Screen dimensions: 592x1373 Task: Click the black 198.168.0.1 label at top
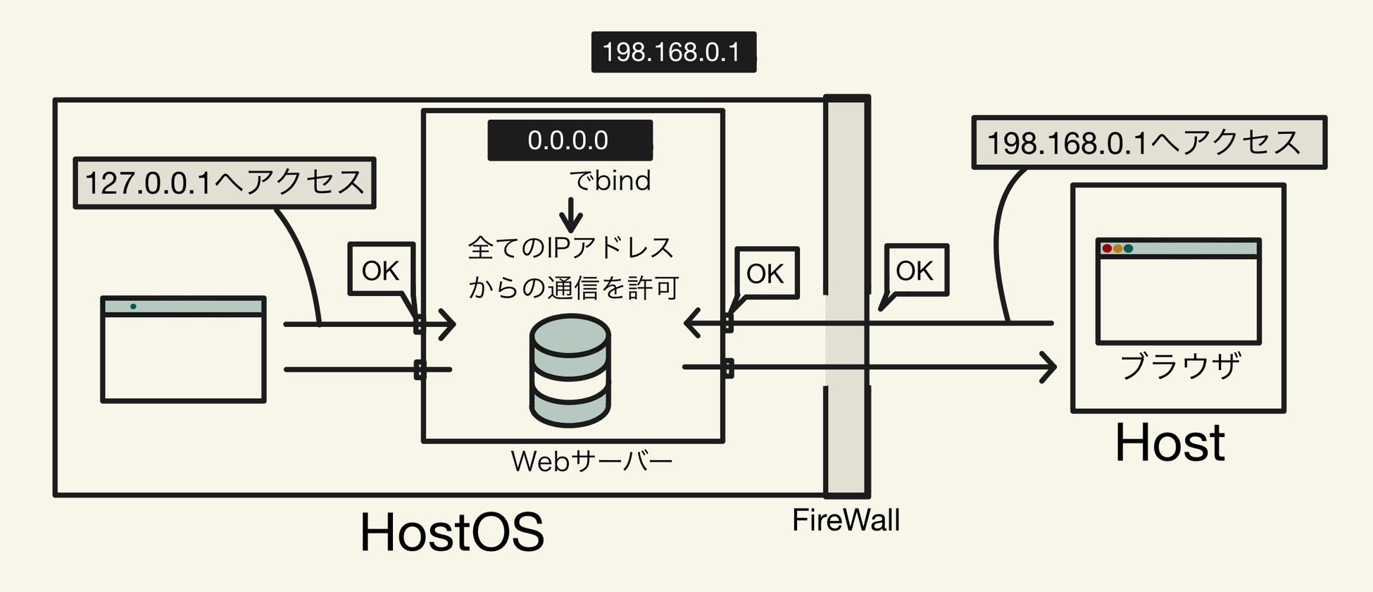673,52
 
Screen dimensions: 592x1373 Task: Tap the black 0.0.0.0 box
569,140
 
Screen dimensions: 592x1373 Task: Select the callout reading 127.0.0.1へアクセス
224,183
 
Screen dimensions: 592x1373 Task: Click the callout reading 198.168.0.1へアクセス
1148,143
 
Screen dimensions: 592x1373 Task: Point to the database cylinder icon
570,371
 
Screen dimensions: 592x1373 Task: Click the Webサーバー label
591,462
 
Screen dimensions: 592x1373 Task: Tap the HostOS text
451,533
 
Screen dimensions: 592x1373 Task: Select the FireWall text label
846,521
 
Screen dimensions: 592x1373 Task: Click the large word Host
1170,443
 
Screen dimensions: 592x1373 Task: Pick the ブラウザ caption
1180,366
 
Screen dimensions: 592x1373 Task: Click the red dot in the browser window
1107,249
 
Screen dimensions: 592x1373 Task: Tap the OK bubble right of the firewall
915,271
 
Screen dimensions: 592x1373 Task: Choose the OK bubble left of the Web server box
381,271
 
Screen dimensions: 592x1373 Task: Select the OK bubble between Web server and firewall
765,273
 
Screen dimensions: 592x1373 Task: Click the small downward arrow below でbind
571,216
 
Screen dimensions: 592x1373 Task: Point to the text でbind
610,181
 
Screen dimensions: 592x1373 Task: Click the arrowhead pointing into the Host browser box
1049,367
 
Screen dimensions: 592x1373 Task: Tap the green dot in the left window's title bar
133,307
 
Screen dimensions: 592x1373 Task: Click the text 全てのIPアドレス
571,248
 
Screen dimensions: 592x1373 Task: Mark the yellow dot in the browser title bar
1117,249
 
